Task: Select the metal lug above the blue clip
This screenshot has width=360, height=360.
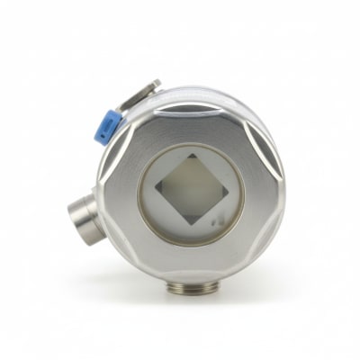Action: click(144, 93)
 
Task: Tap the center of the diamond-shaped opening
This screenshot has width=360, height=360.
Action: click(190, 191)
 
